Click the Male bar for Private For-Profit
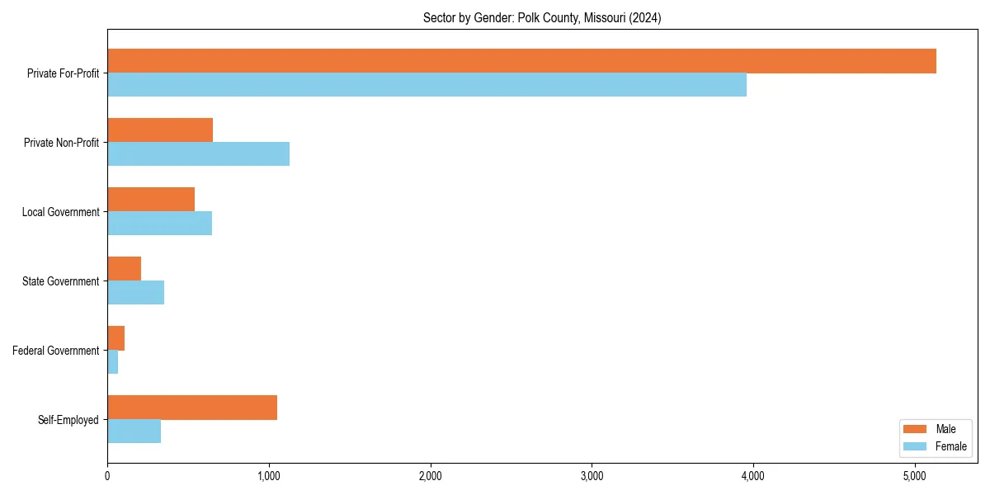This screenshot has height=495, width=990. (x=521, y=61)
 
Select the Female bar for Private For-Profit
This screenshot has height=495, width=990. (x=427, y=85)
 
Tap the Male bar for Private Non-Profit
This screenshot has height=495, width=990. (x=160, y=130)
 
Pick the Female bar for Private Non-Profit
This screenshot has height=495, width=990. (x=198, y=154)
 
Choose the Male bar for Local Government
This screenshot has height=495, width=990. (x=151, y=200)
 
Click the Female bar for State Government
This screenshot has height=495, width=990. (x=135, y=293)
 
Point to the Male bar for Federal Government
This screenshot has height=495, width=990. (x=115, y=338)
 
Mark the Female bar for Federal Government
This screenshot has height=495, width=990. (x=112, y=362)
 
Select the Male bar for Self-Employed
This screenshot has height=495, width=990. (x=192, y=408)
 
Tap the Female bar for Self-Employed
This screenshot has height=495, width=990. (x=134, y=431)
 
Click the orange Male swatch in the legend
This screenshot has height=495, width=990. (x=916, y=429)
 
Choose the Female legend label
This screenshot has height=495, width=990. (x=951, y=446)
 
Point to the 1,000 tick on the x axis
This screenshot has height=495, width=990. (x=269, y=476)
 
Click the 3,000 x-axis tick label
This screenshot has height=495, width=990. (x=592, y=476)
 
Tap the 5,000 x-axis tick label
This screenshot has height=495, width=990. (x=915, y=476)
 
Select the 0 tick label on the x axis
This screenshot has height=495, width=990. (x=107, y=476)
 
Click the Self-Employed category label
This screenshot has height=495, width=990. (x=68, y=420)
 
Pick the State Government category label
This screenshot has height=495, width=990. (x=61, y=281)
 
